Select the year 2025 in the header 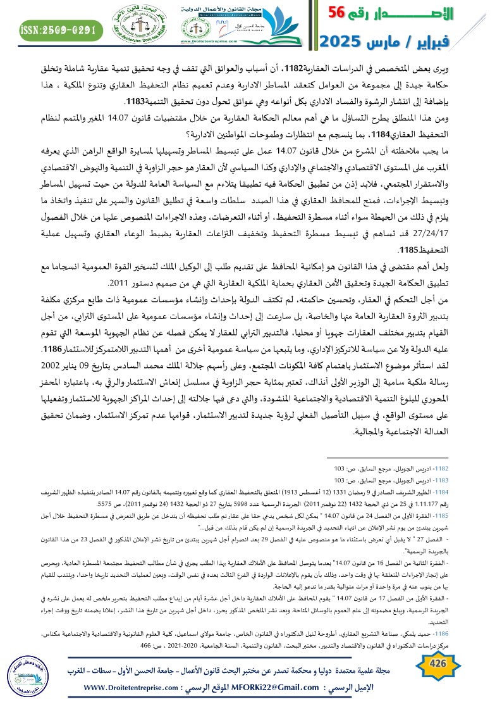tap(341, 42)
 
